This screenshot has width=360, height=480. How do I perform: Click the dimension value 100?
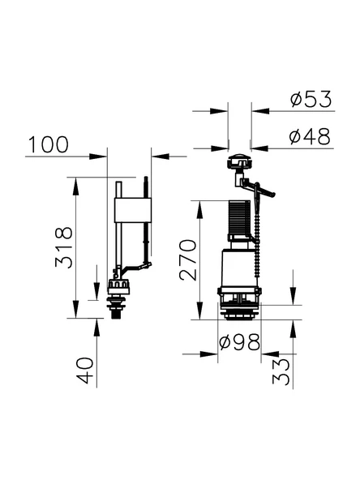pos(48,145)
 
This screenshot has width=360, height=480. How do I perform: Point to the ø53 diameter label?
pos(311,100)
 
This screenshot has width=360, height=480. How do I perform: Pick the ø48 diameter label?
pos(311,137)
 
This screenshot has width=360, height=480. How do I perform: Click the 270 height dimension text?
pos(187,259)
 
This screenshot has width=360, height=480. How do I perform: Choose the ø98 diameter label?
pos(240,342)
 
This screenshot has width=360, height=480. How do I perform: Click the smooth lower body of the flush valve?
pos(238,268)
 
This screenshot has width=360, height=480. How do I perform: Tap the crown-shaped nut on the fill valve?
pos(120,287)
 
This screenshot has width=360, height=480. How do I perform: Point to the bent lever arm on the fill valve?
pos(134,267)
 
